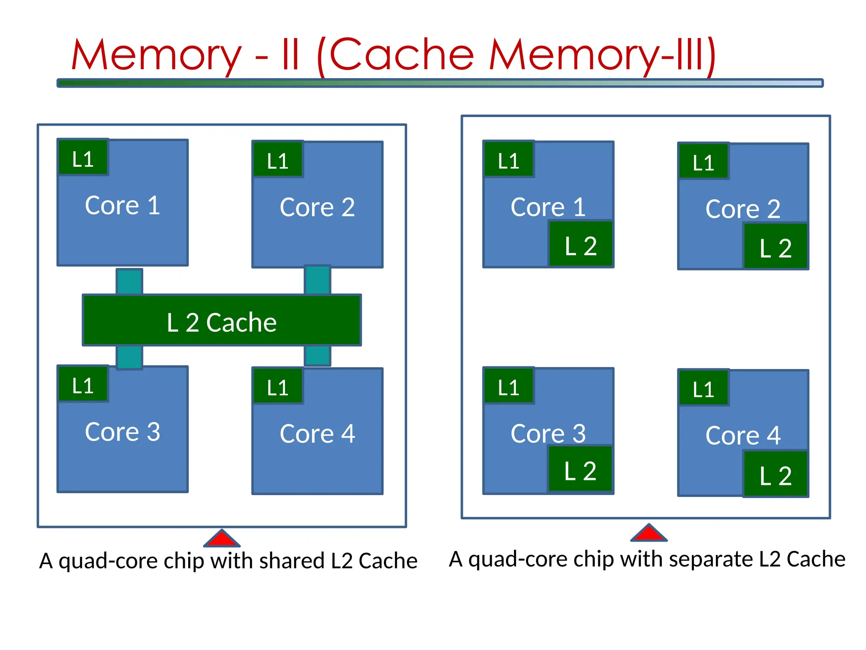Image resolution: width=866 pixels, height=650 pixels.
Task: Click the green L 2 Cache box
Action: [x=222, y=320]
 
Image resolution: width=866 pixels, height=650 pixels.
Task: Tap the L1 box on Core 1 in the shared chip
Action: [x=83, y=157]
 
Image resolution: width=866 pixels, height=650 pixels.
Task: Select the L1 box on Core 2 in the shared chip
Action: [x=278, y=159]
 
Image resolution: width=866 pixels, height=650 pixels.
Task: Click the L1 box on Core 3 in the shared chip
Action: [x=83, y=384]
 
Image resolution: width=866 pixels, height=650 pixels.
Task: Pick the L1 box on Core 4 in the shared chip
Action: [x=278, y=386]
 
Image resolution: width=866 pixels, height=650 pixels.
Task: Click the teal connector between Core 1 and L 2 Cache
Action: [x=129, y=281]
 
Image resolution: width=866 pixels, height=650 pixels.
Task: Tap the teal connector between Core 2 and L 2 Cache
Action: [x=317, y=280]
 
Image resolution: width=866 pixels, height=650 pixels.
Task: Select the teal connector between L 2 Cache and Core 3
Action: [x=129, y=356]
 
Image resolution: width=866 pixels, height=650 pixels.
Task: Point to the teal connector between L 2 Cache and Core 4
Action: [x=317, y=355]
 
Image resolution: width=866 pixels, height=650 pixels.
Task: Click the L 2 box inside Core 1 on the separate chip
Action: [x=581, y=244]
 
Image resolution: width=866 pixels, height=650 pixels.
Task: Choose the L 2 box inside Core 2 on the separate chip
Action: [x=776, y=246]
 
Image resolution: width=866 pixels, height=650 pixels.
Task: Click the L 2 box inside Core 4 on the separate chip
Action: [x=776, y=474]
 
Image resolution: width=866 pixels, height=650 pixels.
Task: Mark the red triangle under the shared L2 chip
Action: [x=222, y=540]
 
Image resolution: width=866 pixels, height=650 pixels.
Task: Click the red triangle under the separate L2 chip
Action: [x=649, y=534]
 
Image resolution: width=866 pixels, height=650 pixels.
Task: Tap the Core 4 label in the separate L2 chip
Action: [x=743, y=435]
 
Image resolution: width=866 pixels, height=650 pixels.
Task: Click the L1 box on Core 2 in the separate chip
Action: [x=704, y=161]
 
